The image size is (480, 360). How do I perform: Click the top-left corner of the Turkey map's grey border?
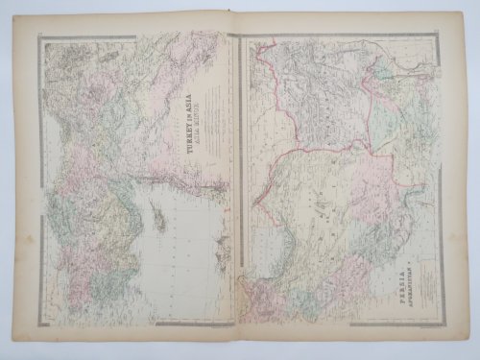[39, 36]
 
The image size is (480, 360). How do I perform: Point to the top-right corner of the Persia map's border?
[443, 36]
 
